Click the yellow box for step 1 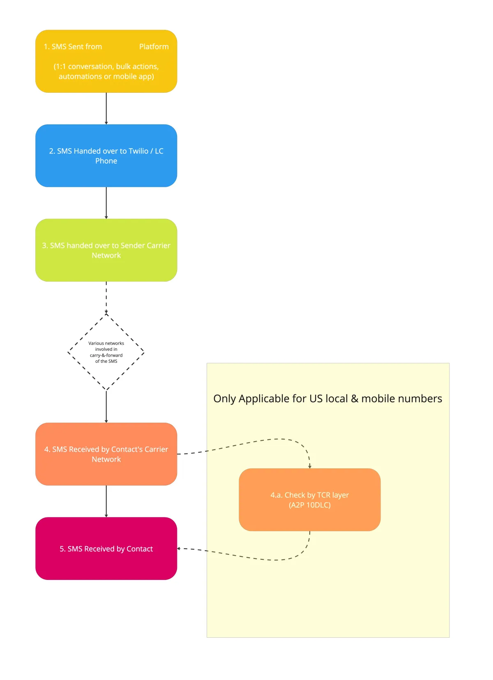106,61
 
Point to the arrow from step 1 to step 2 106,108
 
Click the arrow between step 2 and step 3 106,203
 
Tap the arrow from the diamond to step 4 106,406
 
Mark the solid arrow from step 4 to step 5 106,501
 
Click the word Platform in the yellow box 154,47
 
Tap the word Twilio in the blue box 138,151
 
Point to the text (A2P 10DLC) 309,505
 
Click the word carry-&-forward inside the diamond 106,355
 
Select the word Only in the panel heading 224,399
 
